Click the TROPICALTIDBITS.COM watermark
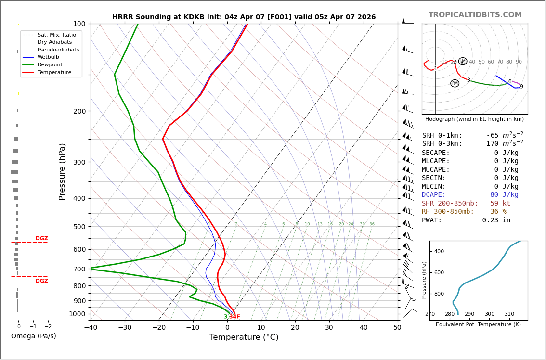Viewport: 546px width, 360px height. [x=475, y=15]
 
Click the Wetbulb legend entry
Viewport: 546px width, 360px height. [x=48, y=57]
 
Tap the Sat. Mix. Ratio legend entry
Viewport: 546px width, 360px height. [x=56, y=35]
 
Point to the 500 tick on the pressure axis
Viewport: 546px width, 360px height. [x=79, y=227]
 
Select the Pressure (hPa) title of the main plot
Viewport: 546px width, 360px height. [x=62, y=171]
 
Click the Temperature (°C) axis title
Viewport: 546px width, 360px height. [x=244, y=337]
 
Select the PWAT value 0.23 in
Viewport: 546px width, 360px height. [x=496, y=220]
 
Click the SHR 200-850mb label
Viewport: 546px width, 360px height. [x=450, y=204]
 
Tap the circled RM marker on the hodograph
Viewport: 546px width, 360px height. [x=455, y=83]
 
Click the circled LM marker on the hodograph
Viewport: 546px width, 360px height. [x=463, y=61]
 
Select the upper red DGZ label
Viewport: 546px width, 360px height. [x=41, y=239]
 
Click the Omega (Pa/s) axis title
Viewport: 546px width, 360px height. [x=33, y=336]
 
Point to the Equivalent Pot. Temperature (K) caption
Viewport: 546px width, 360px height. [x=478, y=325]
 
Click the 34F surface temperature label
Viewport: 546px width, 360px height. [x=234, y=317]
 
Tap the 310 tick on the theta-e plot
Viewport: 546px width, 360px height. [x=509, y=314]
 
